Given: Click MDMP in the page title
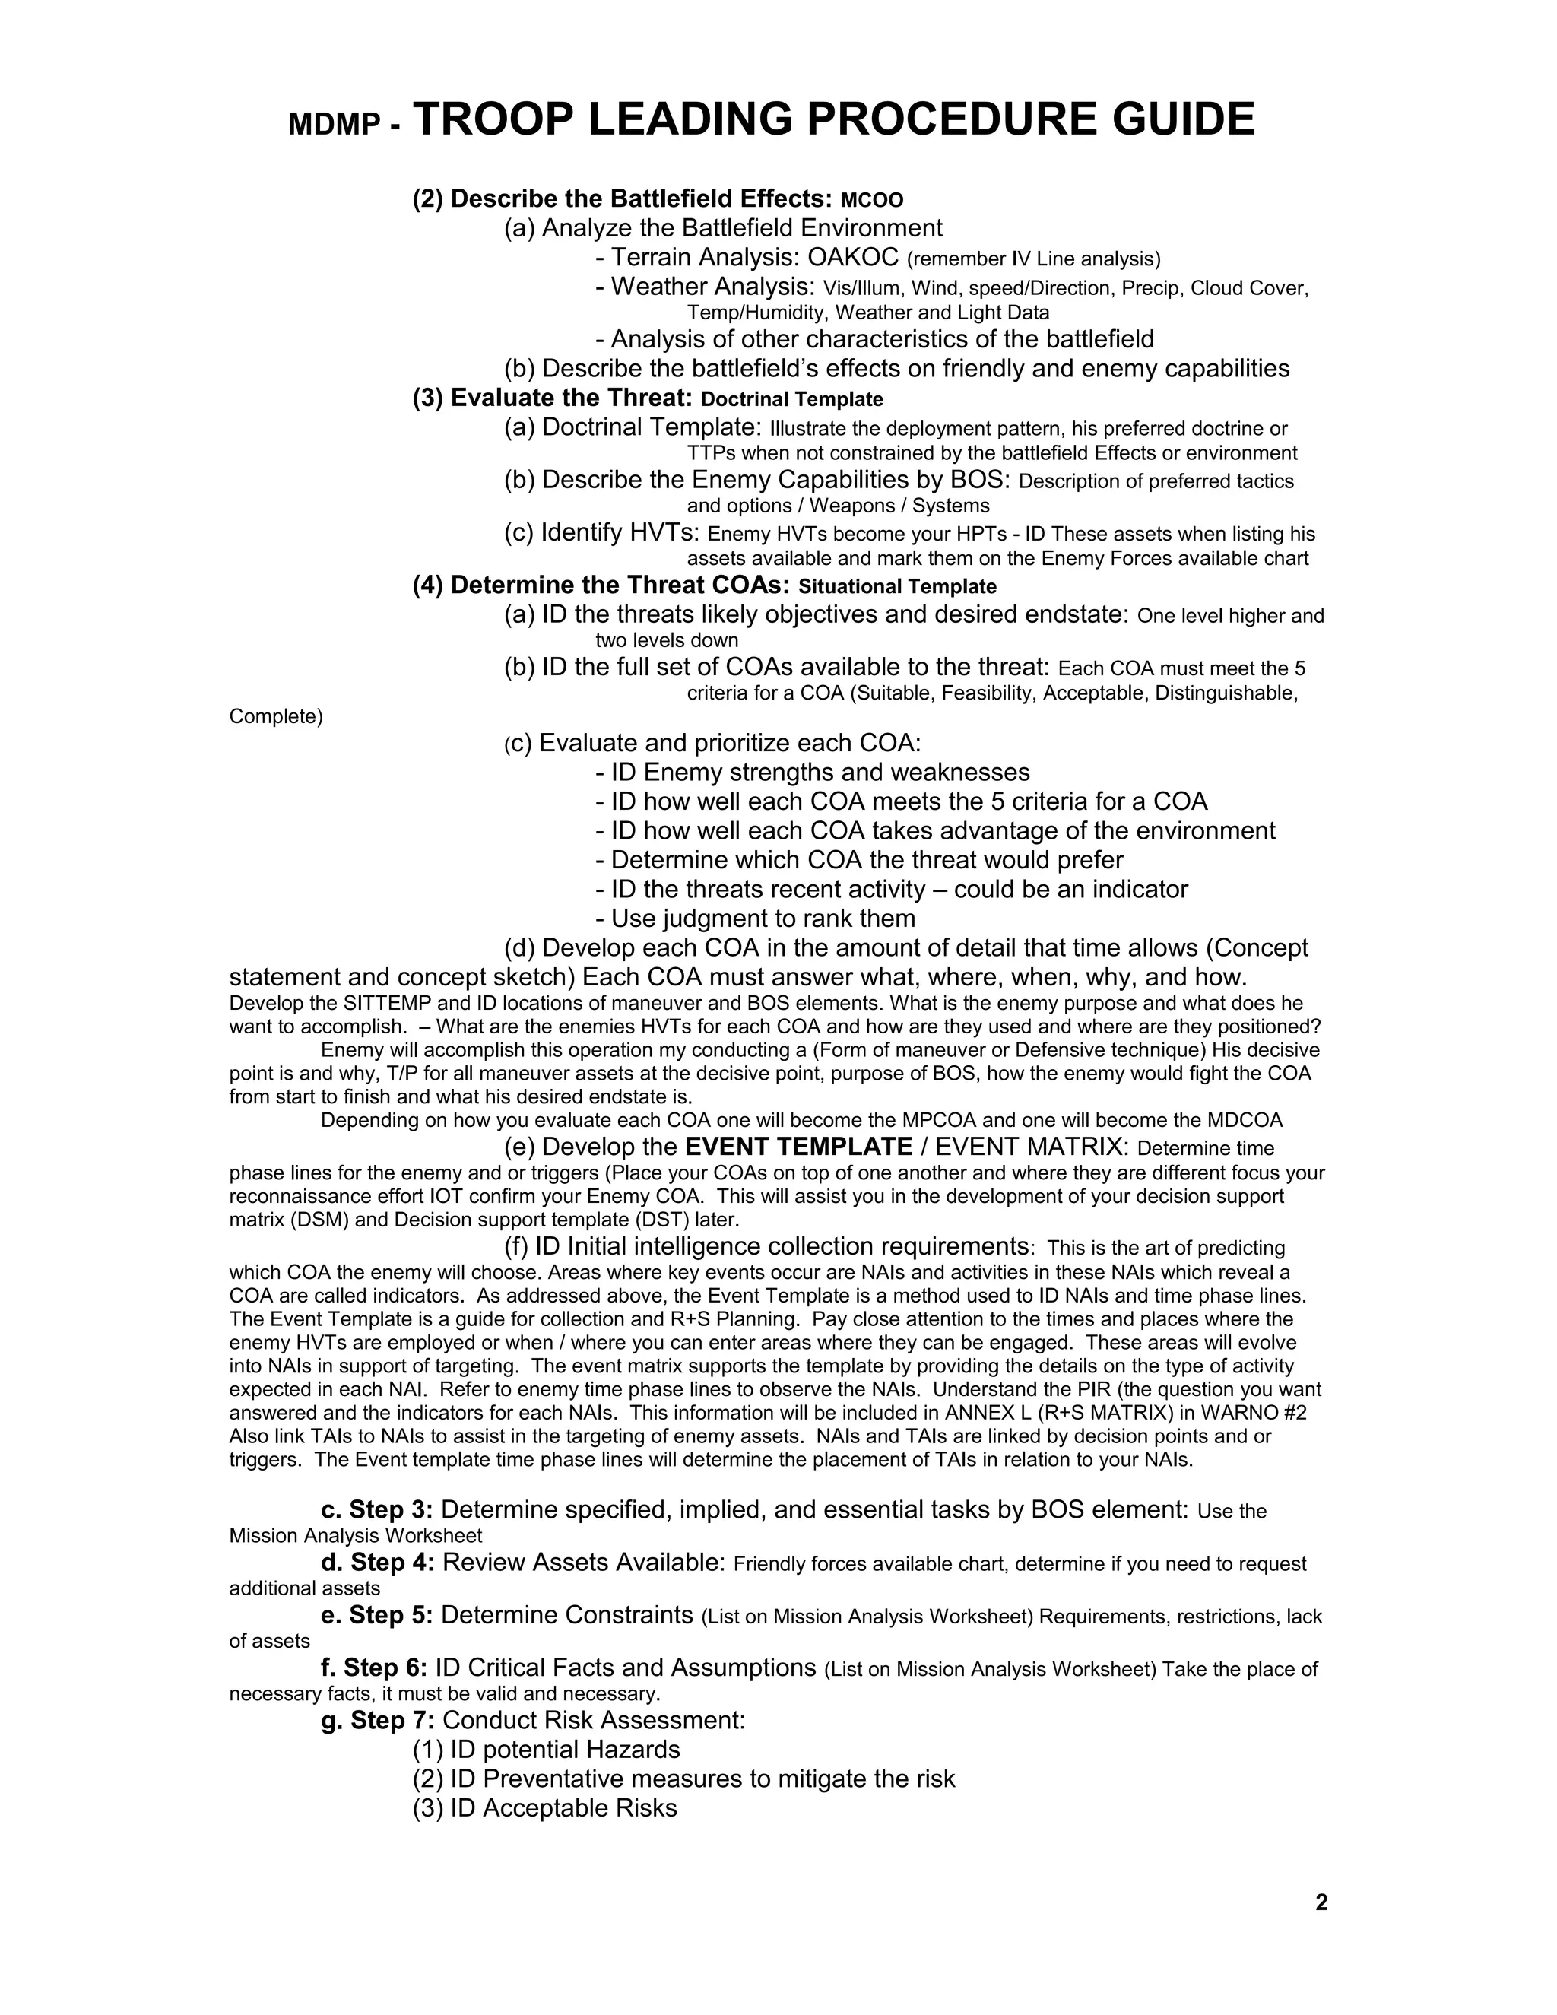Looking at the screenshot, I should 332,125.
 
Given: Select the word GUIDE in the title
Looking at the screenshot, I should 1184,120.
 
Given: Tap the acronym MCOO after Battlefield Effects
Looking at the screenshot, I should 873,200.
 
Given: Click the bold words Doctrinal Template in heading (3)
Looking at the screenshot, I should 791,399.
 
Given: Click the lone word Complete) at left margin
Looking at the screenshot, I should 276,717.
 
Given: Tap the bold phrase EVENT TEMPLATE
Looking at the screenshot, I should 799,1147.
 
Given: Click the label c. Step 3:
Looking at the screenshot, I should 377,1510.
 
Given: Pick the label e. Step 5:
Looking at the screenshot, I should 377,1616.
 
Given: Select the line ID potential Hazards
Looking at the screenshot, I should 546,1750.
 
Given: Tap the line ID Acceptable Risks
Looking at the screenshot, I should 544,1808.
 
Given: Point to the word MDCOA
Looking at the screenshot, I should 1245,1121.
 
